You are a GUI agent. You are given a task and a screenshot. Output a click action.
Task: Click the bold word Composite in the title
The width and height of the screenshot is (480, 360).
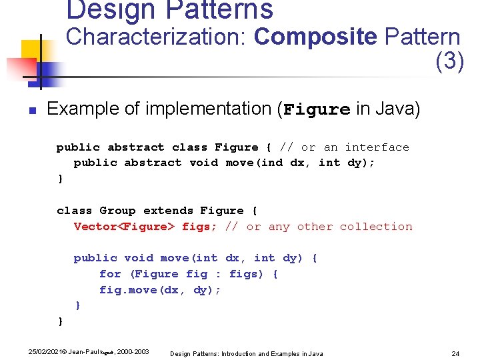315,37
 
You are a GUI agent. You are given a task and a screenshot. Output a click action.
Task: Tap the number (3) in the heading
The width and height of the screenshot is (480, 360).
449,61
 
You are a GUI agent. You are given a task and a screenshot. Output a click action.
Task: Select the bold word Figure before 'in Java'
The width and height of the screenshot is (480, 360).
317,109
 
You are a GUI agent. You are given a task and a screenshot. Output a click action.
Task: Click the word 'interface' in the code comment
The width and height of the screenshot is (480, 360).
377,147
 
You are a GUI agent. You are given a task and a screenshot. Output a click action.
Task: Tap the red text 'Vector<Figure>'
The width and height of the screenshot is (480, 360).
124,227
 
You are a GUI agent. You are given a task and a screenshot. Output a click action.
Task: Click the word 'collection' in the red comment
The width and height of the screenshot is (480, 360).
376,227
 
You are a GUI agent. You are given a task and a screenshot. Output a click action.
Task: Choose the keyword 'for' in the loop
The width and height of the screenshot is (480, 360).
110,274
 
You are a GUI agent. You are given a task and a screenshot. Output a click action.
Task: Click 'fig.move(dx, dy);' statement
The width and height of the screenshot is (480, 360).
160,290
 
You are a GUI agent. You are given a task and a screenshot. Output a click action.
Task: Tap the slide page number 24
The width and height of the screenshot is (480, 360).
456,353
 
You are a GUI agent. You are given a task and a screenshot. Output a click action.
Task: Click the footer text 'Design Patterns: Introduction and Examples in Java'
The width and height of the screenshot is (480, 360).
247,353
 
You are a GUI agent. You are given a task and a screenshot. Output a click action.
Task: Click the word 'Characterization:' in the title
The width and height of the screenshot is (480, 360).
157,37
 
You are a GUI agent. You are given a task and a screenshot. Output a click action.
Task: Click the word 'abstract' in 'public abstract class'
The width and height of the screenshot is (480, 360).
135,147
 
